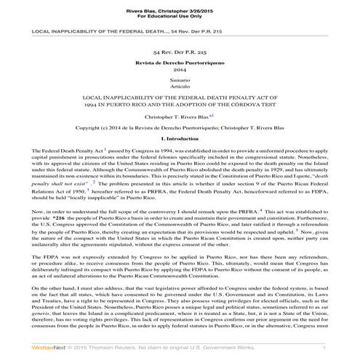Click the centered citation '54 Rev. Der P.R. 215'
pyautogui.click(x=180, y=54)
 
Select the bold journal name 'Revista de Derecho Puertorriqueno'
pyautogui.click(x=180, y=65)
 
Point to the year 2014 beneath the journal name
pyautogui.click(x=180, y=71)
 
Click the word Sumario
pyautogui.click(x=180, y=81)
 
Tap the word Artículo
pyautogui.click(x=180, y=87)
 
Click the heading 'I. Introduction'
pyautogui.click(x=180, y=138)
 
